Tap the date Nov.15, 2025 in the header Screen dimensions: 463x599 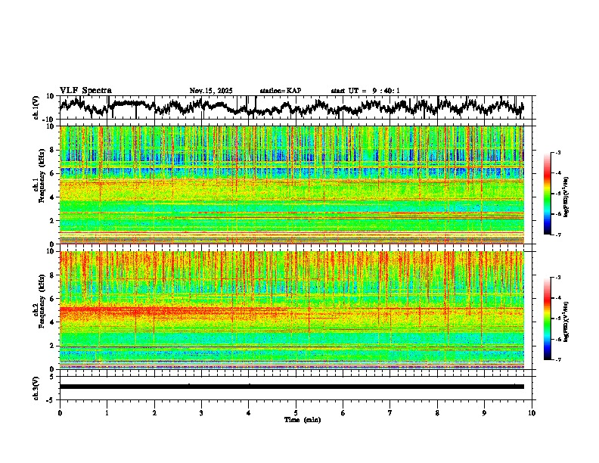(211, 91)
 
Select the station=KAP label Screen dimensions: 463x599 (280, 91)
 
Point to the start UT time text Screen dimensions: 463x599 (365, 91)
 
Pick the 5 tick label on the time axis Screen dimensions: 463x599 (296, 413)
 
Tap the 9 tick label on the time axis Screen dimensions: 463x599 (485, 413)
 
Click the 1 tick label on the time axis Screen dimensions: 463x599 (107, 413)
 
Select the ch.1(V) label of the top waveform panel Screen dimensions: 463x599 (36, 107)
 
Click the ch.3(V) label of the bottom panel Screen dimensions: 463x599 (36, 387)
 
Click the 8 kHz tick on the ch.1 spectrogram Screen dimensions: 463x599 (51, 150)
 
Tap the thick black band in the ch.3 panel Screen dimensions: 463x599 (291, 387)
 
